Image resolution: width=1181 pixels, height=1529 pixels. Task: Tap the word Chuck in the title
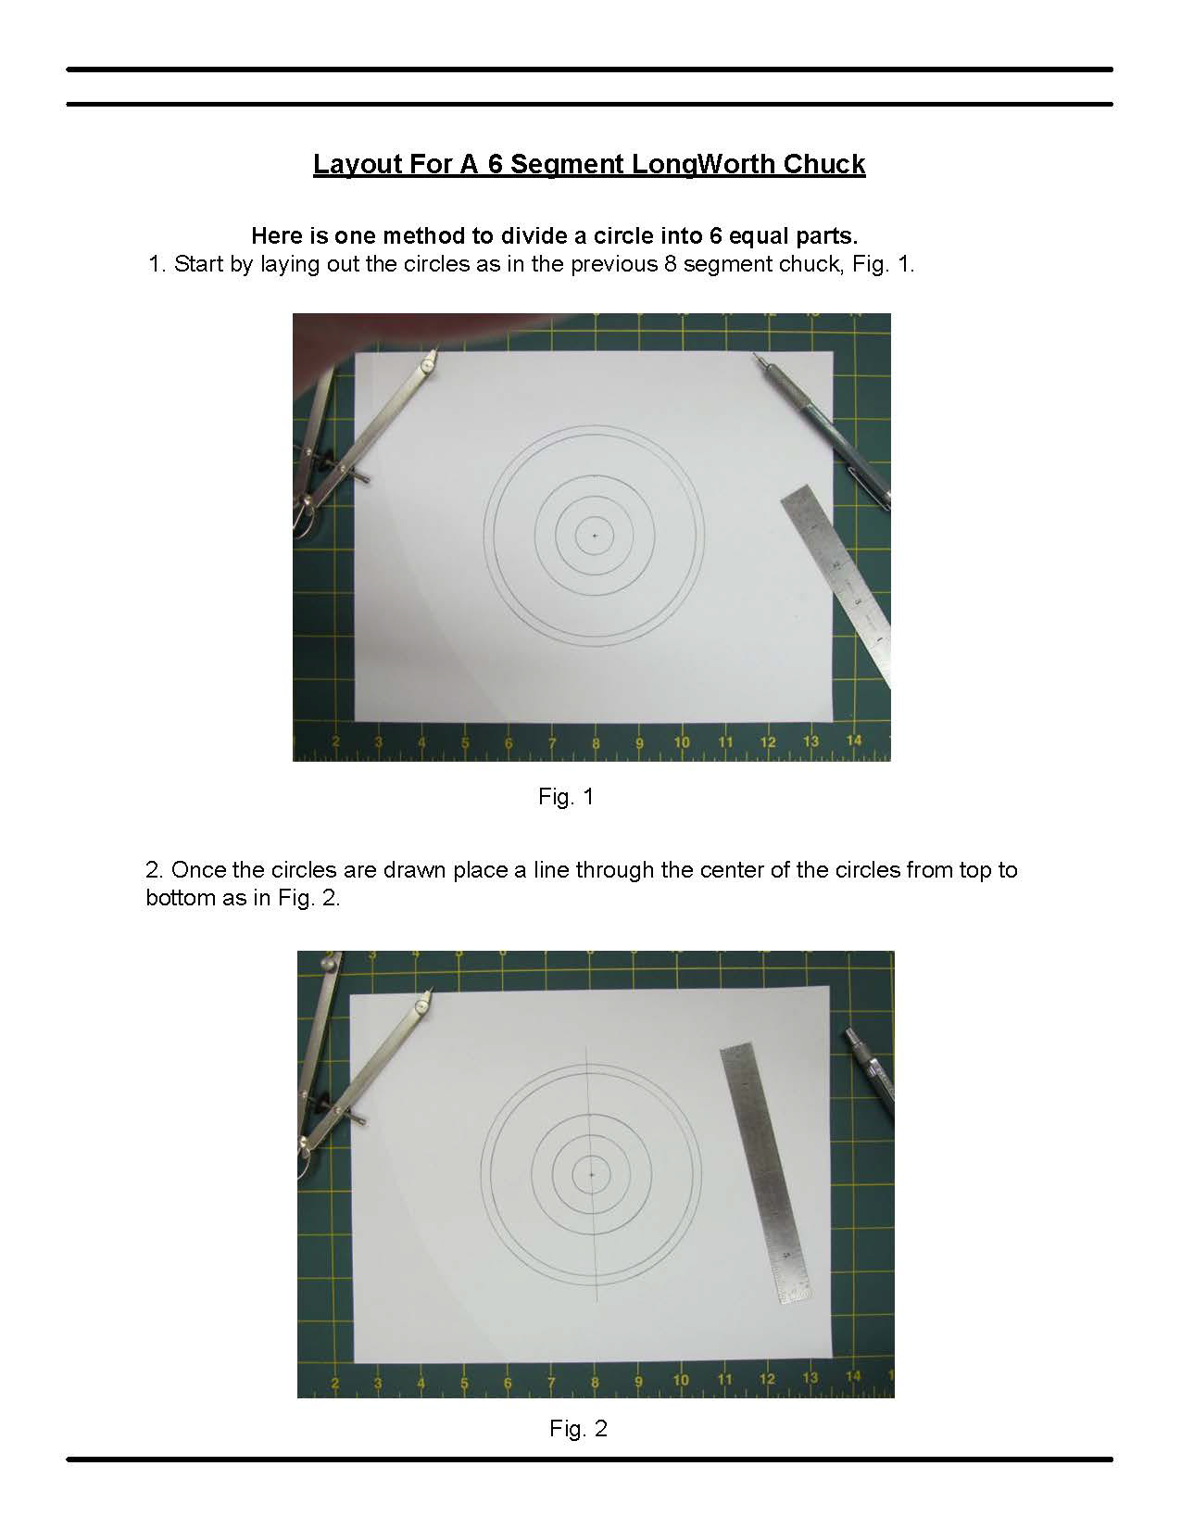(x=823, y=164)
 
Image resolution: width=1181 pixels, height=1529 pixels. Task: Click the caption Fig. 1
(x=566, y=797)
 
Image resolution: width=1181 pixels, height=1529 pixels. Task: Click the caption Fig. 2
(x=578, y=1428)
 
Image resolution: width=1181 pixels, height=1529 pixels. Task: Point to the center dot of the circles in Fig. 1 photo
(x=595, y=536)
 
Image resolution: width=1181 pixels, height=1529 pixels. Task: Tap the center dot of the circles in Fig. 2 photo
(x=592, y=1174)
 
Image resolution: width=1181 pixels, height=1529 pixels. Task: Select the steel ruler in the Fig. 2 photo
(x=765, y=1172)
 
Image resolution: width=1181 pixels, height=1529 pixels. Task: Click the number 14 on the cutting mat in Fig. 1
(x=853, y=740)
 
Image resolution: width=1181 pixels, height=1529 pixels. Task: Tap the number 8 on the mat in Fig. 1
(x=596, y=743)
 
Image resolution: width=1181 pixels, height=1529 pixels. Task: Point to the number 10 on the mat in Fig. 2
(x=681, y=1380)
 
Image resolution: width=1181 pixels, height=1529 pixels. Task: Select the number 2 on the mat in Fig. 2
(x=334, y=1384)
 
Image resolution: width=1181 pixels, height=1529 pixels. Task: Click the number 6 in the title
(x=496, y=164)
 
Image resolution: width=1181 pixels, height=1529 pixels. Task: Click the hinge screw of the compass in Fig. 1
(x=426, y=365)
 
